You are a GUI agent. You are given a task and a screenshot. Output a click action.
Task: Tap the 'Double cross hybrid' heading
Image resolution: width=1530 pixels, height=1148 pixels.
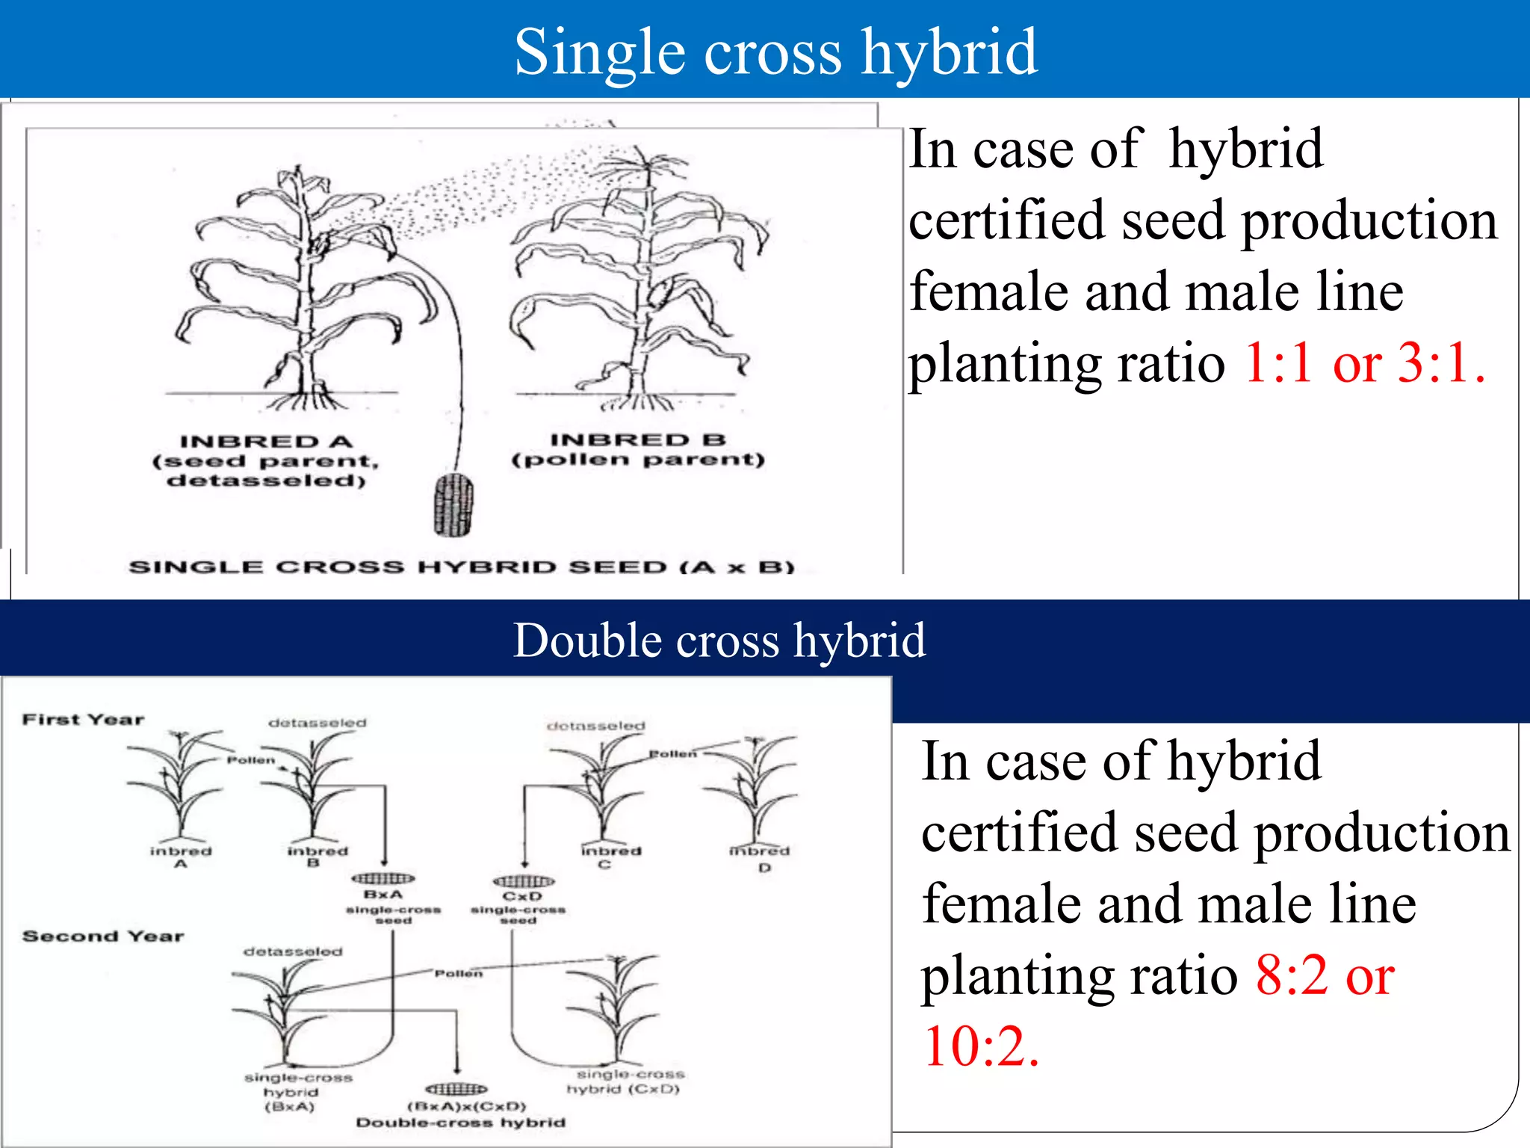tap(719, 641)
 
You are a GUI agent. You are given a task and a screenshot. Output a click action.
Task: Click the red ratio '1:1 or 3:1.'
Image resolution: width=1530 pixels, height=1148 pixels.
tap(1364, 362)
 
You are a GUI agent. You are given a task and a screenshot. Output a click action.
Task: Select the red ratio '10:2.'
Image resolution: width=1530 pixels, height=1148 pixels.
tap(981, 1046)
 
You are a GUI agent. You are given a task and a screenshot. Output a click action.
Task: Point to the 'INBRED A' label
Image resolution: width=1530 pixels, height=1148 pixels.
tap(266, 442)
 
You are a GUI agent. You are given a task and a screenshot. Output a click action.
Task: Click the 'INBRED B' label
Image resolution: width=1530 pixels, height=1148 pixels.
tap(638, 439)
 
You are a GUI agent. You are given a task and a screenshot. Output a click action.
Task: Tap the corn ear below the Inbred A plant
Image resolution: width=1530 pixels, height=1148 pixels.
tap(453, 505)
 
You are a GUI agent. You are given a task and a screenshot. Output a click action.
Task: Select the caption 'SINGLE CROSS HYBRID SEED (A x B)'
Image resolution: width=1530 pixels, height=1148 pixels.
tap(461, 567)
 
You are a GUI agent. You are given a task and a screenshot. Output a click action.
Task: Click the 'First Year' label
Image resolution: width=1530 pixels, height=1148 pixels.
tap(83, 720)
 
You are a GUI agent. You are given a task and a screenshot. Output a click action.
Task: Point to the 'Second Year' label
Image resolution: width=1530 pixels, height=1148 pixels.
tap(103, 936)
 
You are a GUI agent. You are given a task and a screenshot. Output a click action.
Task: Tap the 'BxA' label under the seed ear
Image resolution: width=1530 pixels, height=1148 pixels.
tap(383, 895)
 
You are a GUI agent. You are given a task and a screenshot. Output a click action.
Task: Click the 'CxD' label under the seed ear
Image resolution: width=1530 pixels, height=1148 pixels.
tap(522, 896)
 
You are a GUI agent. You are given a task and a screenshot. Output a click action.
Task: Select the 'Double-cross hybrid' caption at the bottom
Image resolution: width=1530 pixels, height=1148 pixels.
tap(460, 1123)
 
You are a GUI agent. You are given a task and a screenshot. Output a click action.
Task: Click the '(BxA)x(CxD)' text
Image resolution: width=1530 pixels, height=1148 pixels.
tap(467, 1106)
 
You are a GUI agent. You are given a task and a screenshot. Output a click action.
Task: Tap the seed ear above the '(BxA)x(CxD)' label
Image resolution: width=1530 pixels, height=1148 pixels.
tap(456, 1089)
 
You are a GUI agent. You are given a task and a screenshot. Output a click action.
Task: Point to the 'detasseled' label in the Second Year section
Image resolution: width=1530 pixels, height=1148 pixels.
tap(293, 951)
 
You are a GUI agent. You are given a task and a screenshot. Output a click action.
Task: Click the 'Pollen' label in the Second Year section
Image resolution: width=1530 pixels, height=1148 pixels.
tap(459, 973)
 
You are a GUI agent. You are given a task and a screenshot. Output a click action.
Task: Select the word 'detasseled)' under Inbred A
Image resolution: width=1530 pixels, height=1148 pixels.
tap(266, 481)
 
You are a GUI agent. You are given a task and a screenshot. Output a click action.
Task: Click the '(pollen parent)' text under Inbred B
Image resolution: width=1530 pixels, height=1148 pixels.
tap(638, 459)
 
